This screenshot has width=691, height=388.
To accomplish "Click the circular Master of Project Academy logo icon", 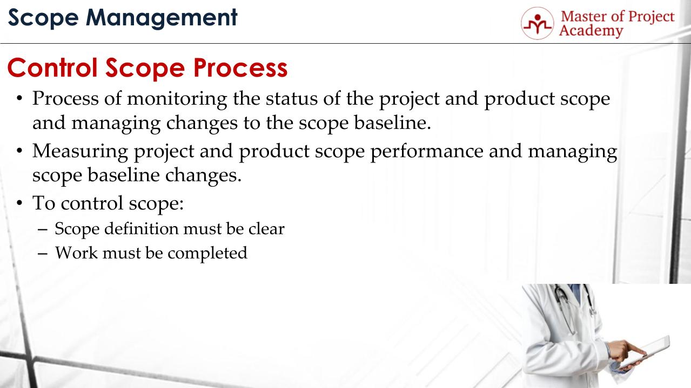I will point(537,23).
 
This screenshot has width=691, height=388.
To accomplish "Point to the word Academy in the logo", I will point(591,31).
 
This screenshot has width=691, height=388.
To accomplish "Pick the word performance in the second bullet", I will point(426,152).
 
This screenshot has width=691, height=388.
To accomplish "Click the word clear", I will point(266,229).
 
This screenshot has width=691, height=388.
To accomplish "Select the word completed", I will point(207,253).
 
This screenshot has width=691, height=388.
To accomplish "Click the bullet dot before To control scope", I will point(20,204).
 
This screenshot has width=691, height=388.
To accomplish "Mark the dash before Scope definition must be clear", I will point(44,229).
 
